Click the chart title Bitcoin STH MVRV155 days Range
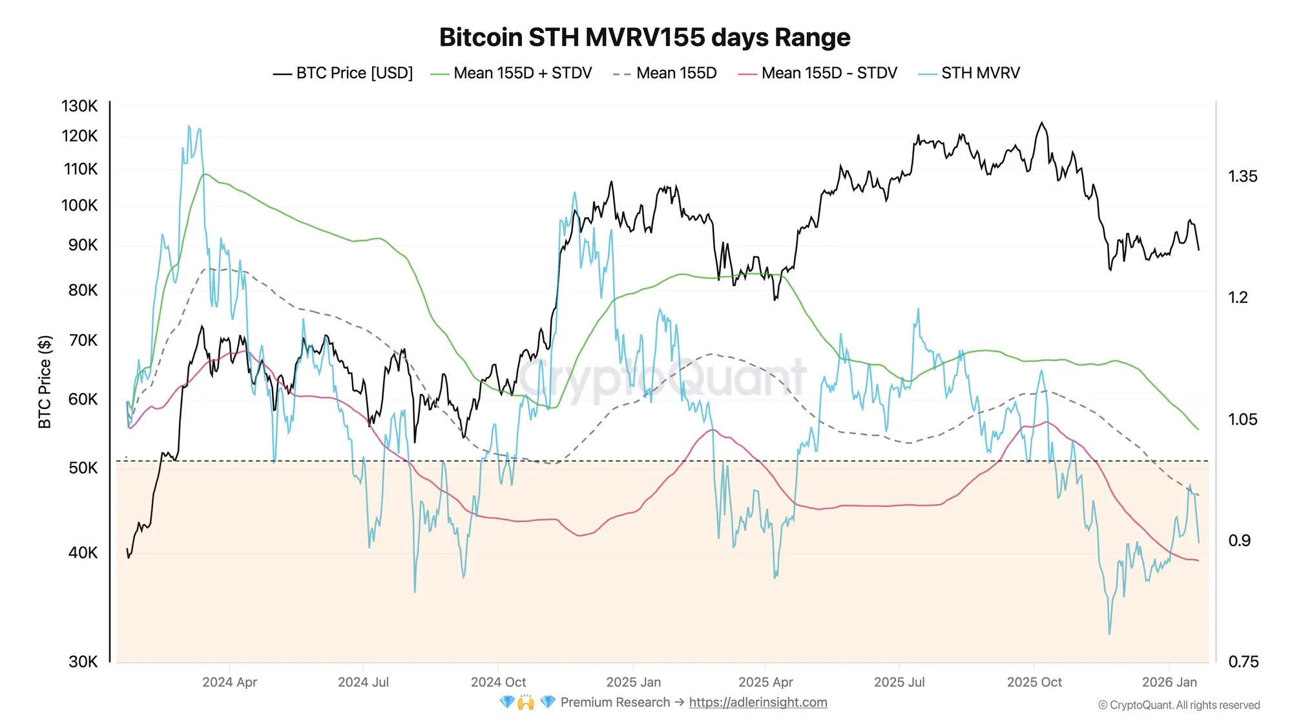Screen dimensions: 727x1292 click(x=645, y=37)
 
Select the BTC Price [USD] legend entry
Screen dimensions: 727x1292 click(x=343, y=73)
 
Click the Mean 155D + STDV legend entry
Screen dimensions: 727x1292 click(x=511, y=73)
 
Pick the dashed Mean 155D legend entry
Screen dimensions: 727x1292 click(x=665, y=73)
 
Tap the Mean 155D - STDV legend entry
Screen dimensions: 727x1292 click(x=818, y=73)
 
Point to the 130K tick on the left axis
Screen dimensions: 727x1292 click(x=79, y=106)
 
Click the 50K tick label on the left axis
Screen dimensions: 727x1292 click(x=83, y=468)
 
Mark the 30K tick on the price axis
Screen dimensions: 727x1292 click(x=83, y=662)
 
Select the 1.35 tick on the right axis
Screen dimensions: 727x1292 click(x=1242, y=176)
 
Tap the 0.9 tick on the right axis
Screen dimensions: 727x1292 click(x=1239, y=540)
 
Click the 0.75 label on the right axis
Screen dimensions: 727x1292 click(x=1242, y=662)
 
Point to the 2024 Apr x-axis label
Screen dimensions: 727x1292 click(x=229, y=682)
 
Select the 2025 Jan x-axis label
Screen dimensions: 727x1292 click(x=633, y=682)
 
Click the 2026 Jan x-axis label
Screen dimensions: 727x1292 click(x=1169, y=682)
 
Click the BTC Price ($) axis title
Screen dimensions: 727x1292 click(x=45, y=381)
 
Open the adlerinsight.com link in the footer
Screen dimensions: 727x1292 click(x=758, y=702)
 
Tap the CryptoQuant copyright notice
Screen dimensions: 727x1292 click(x=1178, y=705)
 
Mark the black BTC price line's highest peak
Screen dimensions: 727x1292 click(x=1041, y=122)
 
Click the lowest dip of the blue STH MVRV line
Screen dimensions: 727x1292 click(x=1109, y=634)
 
